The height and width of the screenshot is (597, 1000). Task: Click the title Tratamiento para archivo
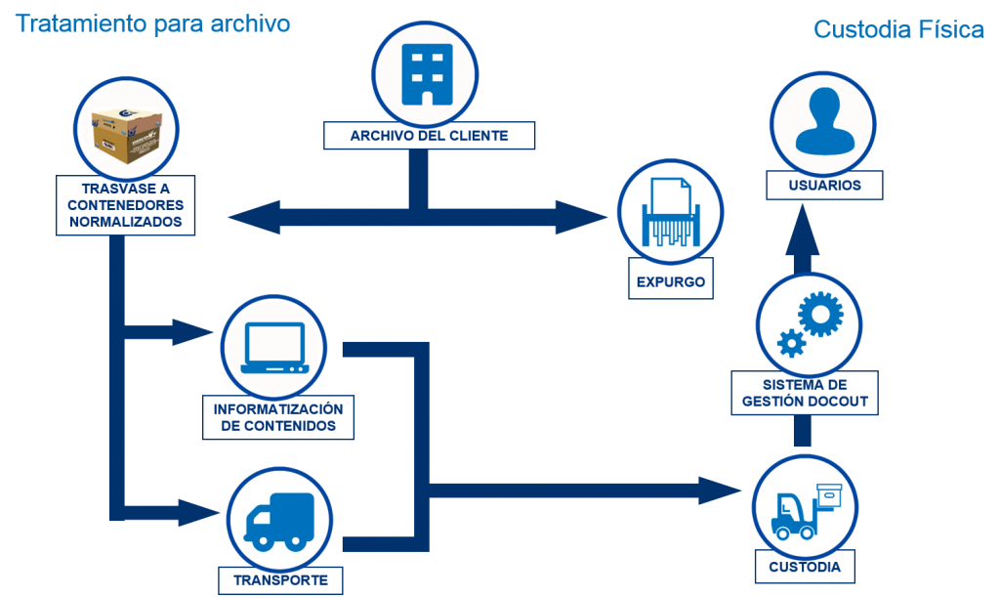click(x=152, y=23)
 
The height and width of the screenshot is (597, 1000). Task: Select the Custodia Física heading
click(x=898, y=30)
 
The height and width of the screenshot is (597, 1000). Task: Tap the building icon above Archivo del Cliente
click(x=427, y=75)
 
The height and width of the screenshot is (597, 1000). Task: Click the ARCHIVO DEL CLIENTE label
click(x=429, y=136)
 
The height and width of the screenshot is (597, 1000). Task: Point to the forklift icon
click(x=805, y=508)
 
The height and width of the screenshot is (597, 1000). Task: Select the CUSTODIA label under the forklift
click(x=805, y=567)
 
